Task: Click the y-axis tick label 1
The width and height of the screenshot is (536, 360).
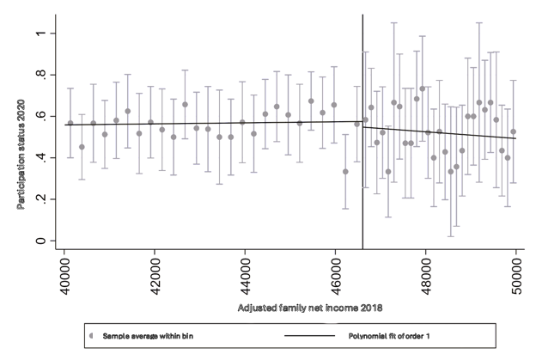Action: click(x=40, y=34)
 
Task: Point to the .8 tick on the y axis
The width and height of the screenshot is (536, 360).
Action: click(x=40, y=76)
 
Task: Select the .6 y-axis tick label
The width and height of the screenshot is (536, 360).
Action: click(x=40, y=117)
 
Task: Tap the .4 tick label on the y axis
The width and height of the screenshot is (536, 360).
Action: click(x=40, y=158)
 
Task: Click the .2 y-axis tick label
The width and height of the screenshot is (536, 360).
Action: click(x=40, y=199)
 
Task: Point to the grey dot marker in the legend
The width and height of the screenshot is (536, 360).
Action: click(x=90, y=335)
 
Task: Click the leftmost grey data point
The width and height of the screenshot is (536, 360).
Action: click(x=70, y=123)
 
